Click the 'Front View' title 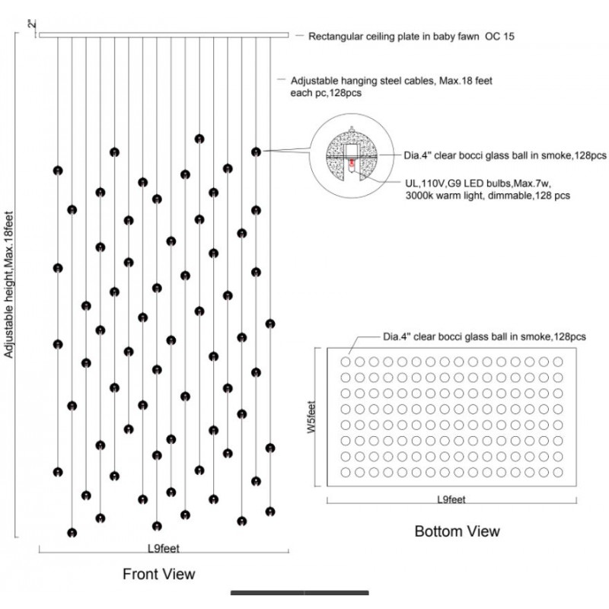[159, 574]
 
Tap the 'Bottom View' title [458, 531]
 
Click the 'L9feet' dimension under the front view [164, 548]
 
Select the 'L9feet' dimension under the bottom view [451, 499]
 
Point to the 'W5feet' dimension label [311, 417]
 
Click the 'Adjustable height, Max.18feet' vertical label [8, 285]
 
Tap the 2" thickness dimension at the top [32, 24]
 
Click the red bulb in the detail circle [352, 164]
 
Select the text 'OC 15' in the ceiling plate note [499, 37]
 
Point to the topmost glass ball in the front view [199, 139]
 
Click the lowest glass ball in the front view [72, 532]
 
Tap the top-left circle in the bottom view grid [346, 362]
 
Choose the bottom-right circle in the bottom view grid [558, 472]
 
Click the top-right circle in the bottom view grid [558, 362]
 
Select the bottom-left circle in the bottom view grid [346, 472]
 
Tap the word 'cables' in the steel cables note [420, 81]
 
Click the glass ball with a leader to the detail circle [256, 151]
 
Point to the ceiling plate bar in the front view [164, 35]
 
